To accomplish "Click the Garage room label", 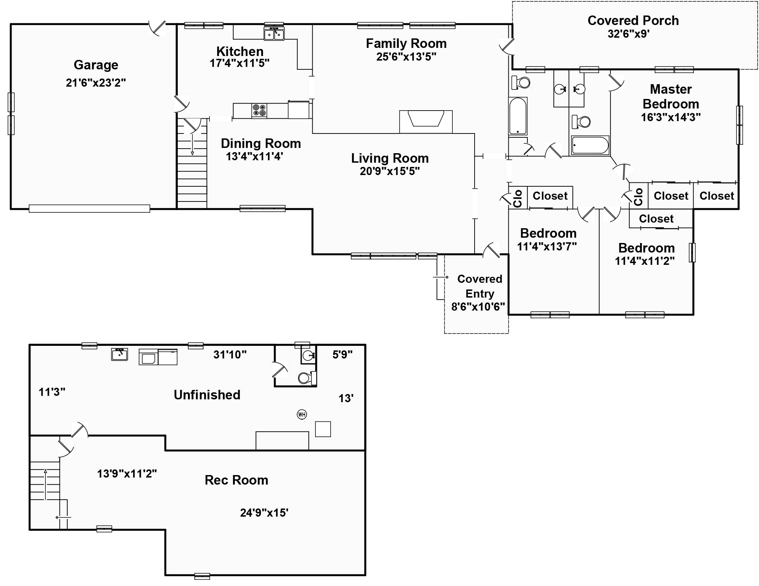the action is pyautogui.click(x=96, y=65).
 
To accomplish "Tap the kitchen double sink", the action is pyautogui.click(x=274, y=34).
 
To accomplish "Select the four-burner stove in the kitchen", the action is pyautogui.click(x=259, y=110).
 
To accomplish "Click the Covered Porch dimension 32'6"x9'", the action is pyautogui.click(x=628, y=34).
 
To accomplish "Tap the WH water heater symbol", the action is pyautogui.click(x=302, y=414).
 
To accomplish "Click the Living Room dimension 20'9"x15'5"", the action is pyautogui.click(x=390, y=171).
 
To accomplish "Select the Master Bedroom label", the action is pyautogui.click(x=671, y=96).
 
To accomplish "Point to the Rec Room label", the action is pyautogui.click(x=237, y=480).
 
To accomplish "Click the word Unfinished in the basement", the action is pyautogui.click(x=207, y=395).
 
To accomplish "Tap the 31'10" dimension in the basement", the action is pyautogui.click(x=230, y=354).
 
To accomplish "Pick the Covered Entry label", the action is pyautogui.click(x=479, y=286).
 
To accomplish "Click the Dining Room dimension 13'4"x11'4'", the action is pyautogui.click(x=255, y=156).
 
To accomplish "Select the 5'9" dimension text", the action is pyautogui.click(x=343, y=354).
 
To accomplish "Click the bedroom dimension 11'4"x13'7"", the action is pyautogui.click(x=547, y=247).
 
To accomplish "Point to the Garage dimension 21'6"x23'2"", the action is pyautogui.click(x=96, y=83).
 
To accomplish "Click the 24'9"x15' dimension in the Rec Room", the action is pyautogui.click(x=264, y=513).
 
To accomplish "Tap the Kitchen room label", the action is pyautogui.click(x=240, y=51).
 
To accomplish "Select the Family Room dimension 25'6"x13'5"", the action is pyautogui.click(x=406, y=57).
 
